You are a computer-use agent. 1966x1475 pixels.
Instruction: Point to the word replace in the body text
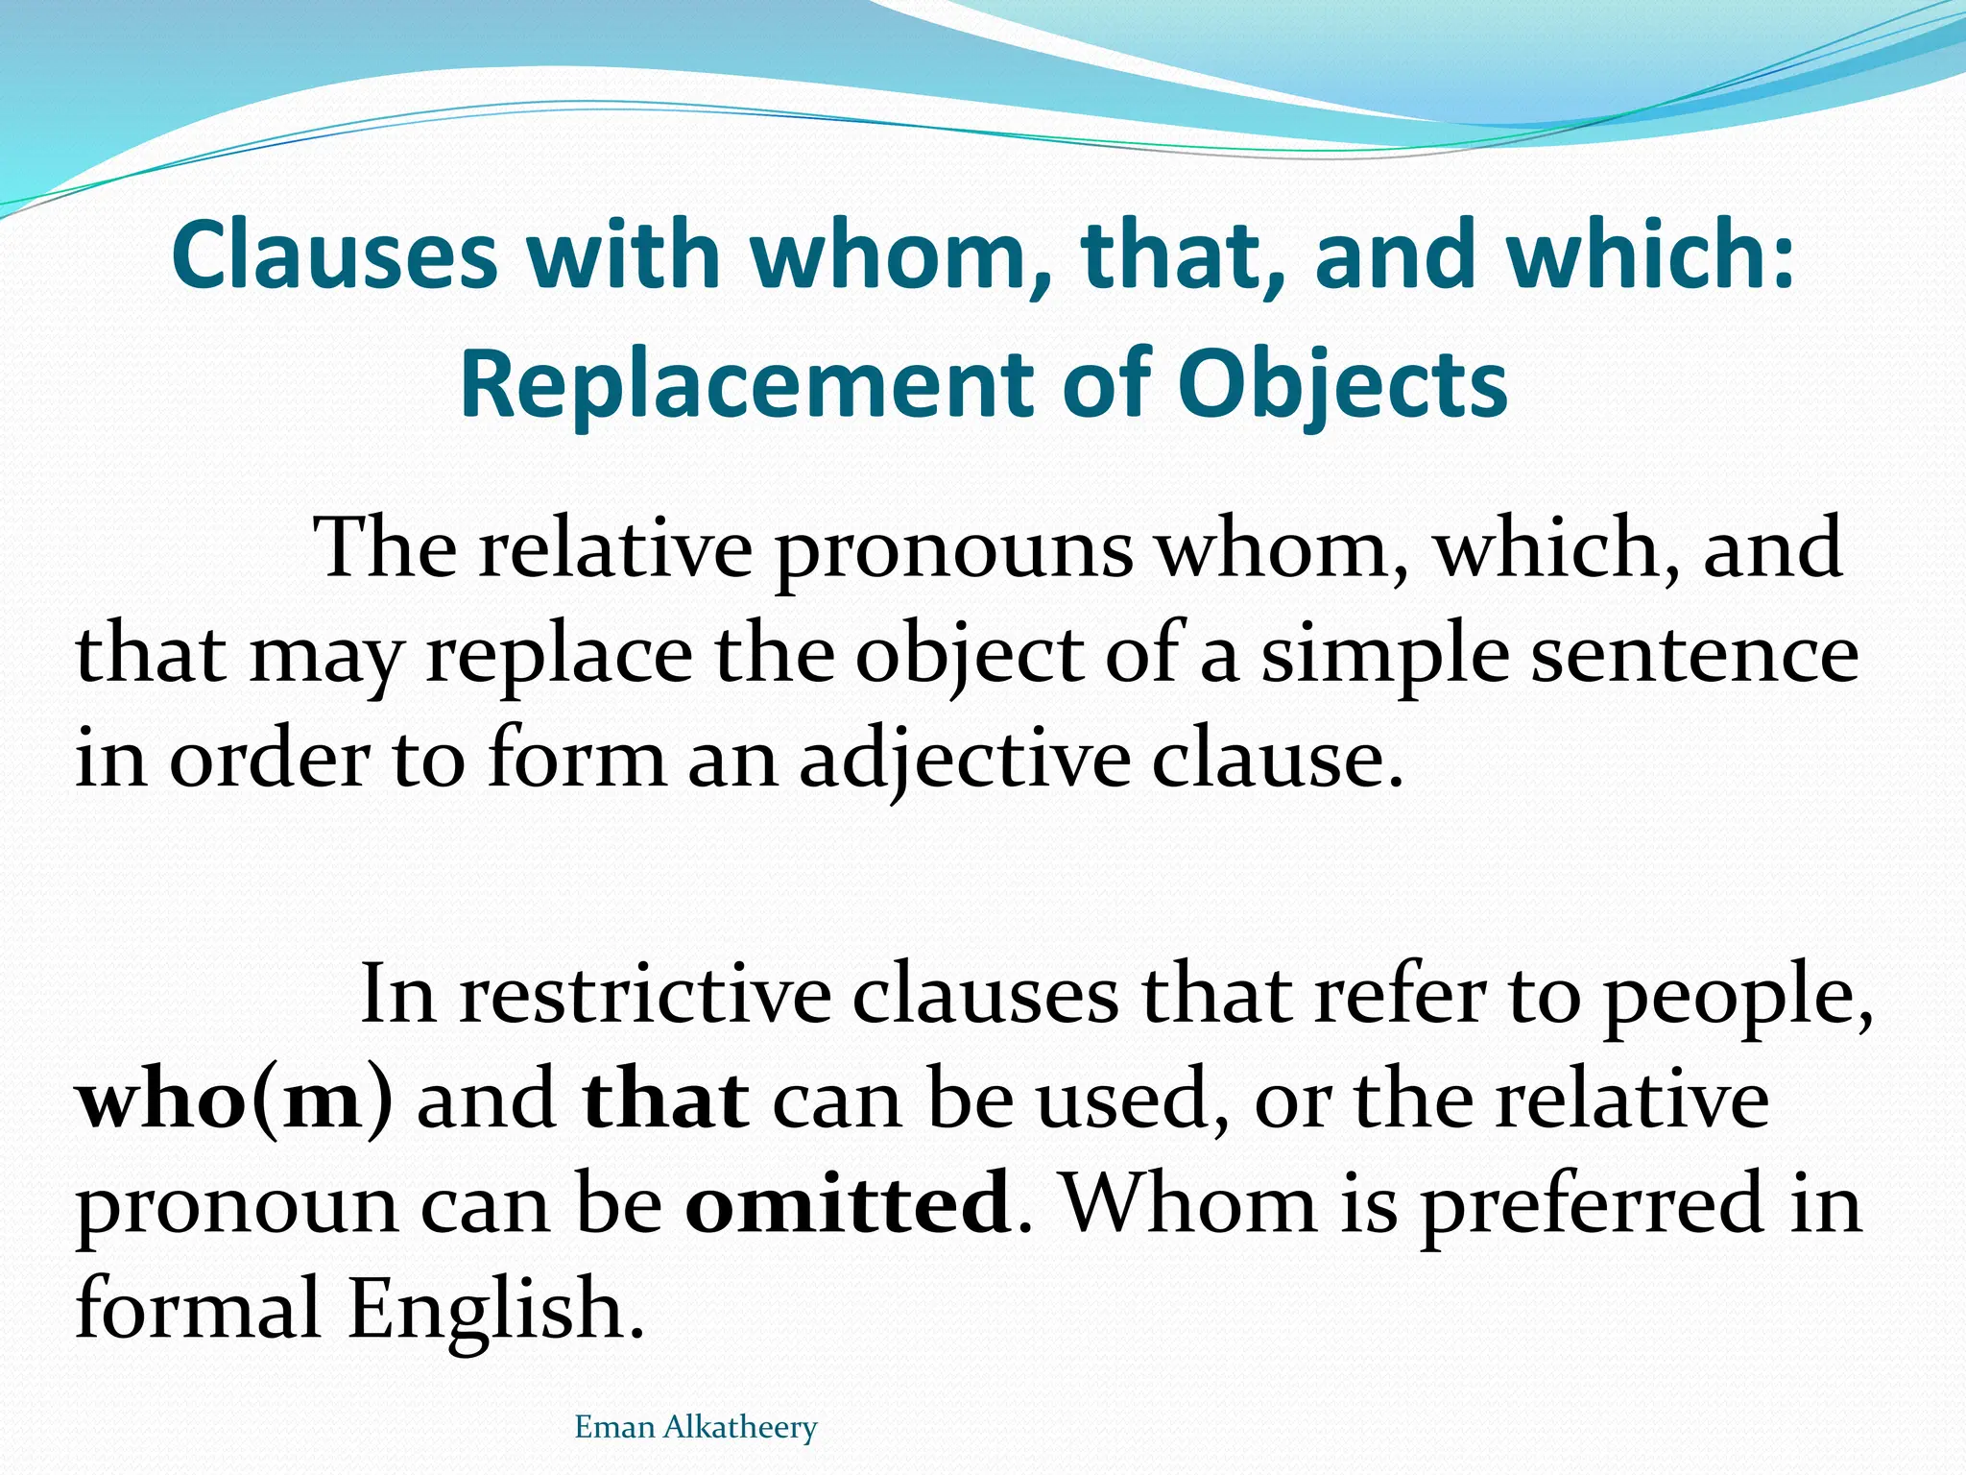coord(559,656)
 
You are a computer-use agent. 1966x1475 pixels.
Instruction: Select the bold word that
coord(666,1100)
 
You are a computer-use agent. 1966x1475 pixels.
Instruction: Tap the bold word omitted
coord(849,1204)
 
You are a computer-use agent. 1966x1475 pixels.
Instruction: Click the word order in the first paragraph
coord(270,760)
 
